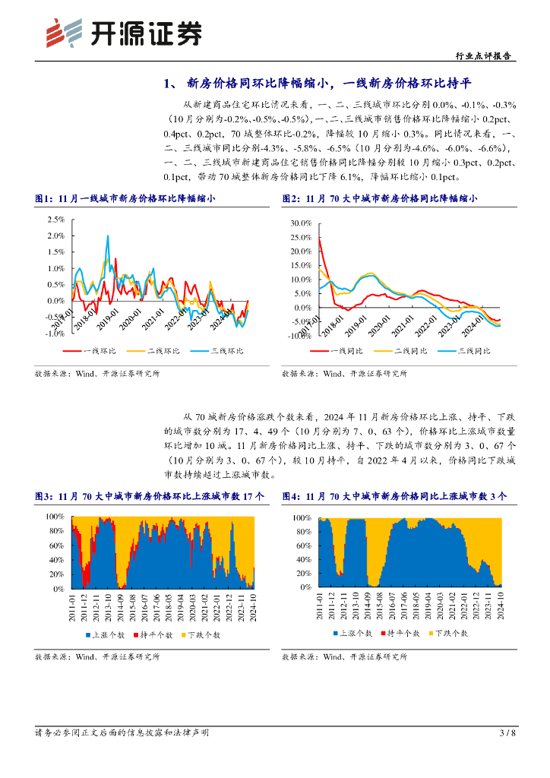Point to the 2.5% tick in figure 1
55,219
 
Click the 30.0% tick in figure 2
302,224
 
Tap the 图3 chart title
150,496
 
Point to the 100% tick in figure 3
55,517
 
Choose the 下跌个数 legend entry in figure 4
451,632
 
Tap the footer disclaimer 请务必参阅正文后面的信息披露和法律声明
122,733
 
